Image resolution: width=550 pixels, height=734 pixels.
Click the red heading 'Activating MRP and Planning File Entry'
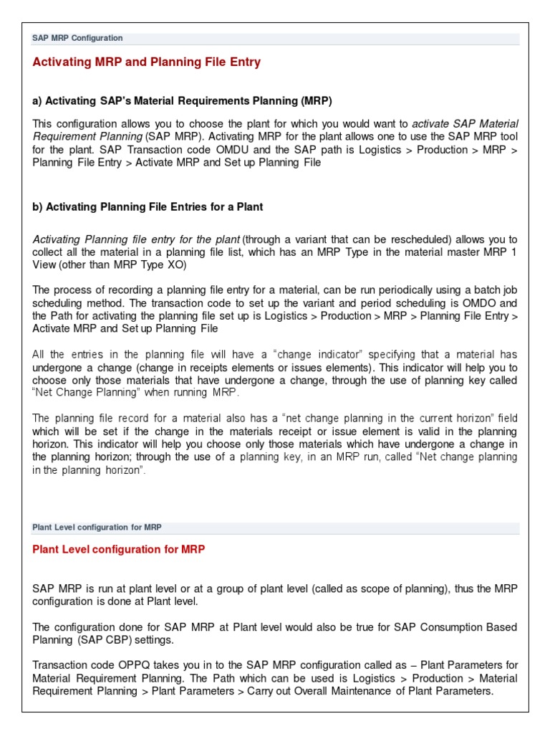146,62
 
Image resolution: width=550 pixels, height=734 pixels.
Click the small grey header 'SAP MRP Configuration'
77,38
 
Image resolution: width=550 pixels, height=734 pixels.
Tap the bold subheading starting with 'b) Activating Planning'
148,206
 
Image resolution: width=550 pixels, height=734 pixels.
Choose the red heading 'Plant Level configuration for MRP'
118,549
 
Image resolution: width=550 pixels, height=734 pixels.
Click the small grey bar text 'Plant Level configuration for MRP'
97,527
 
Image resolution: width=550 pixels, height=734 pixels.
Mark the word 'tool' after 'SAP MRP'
507,136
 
